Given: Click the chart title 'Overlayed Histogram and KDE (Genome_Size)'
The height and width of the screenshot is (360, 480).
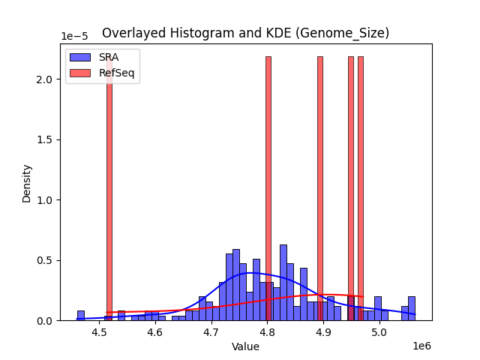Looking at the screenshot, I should point(245,33).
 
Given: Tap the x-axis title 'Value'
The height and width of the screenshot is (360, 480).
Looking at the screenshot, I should point(245,346).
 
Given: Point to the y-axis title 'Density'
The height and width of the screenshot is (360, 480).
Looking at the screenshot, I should point(27,183).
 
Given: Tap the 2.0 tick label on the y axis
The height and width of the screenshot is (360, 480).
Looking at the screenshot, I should point(46,79).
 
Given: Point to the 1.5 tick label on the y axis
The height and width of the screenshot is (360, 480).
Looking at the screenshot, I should point(46,139).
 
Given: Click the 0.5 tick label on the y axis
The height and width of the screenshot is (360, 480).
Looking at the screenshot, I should point(46,260).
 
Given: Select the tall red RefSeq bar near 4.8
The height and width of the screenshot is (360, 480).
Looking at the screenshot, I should point(268,187).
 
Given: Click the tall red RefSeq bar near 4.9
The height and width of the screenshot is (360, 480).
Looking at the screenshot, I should point(320,187).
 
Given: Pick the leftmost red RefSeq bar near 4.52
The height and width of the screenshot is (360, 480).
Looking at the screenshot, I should point(109,187).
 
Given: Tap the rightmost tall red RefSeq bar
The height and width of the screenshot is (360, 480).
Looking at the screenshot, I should point(361,187).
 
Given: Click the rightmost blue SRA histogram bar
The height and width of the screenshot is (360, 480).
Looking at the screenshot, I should point(412,309).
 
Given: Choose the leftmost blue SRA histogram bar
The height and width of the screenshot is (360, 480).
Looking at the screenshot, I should point(81,316).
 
